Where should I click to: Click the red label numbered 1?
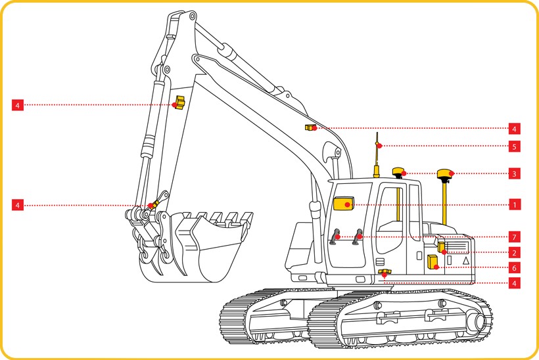tap(514, 205)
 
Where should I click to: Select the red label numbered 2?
tap(514, 253)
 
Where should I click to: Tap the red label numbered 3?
tap(514, 173)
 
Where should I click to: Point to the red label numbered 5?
tap(514, 146)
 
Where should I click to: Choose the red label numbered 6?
tap(514, 267)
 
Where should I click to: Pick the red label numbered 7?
tap(514, 236)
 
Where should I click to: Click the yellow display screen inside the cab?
tap(343, 203)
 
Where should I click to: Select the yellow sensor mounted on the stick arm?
tap(179, 102)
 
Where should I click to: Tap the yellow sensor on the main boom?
tap(310, 127)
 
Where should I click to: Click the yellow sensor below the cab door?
tap(385, 273)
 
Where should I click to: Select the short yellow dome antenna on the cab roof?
tap(399, 171)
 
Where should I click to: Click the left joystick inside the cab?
tap(335, 236)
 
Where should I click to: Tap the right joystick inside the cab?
tap(357, 236)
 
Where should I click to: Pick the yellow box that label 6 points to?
tap(433, 261)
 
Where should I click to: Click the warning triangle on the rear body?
tap(466, 260)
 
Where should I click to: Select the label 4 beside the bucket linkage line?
tap(18, 205)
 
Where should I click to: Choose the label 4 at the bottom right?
tap(514, 283)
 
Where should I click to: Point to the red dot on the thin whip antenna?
tap(379, 146)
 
